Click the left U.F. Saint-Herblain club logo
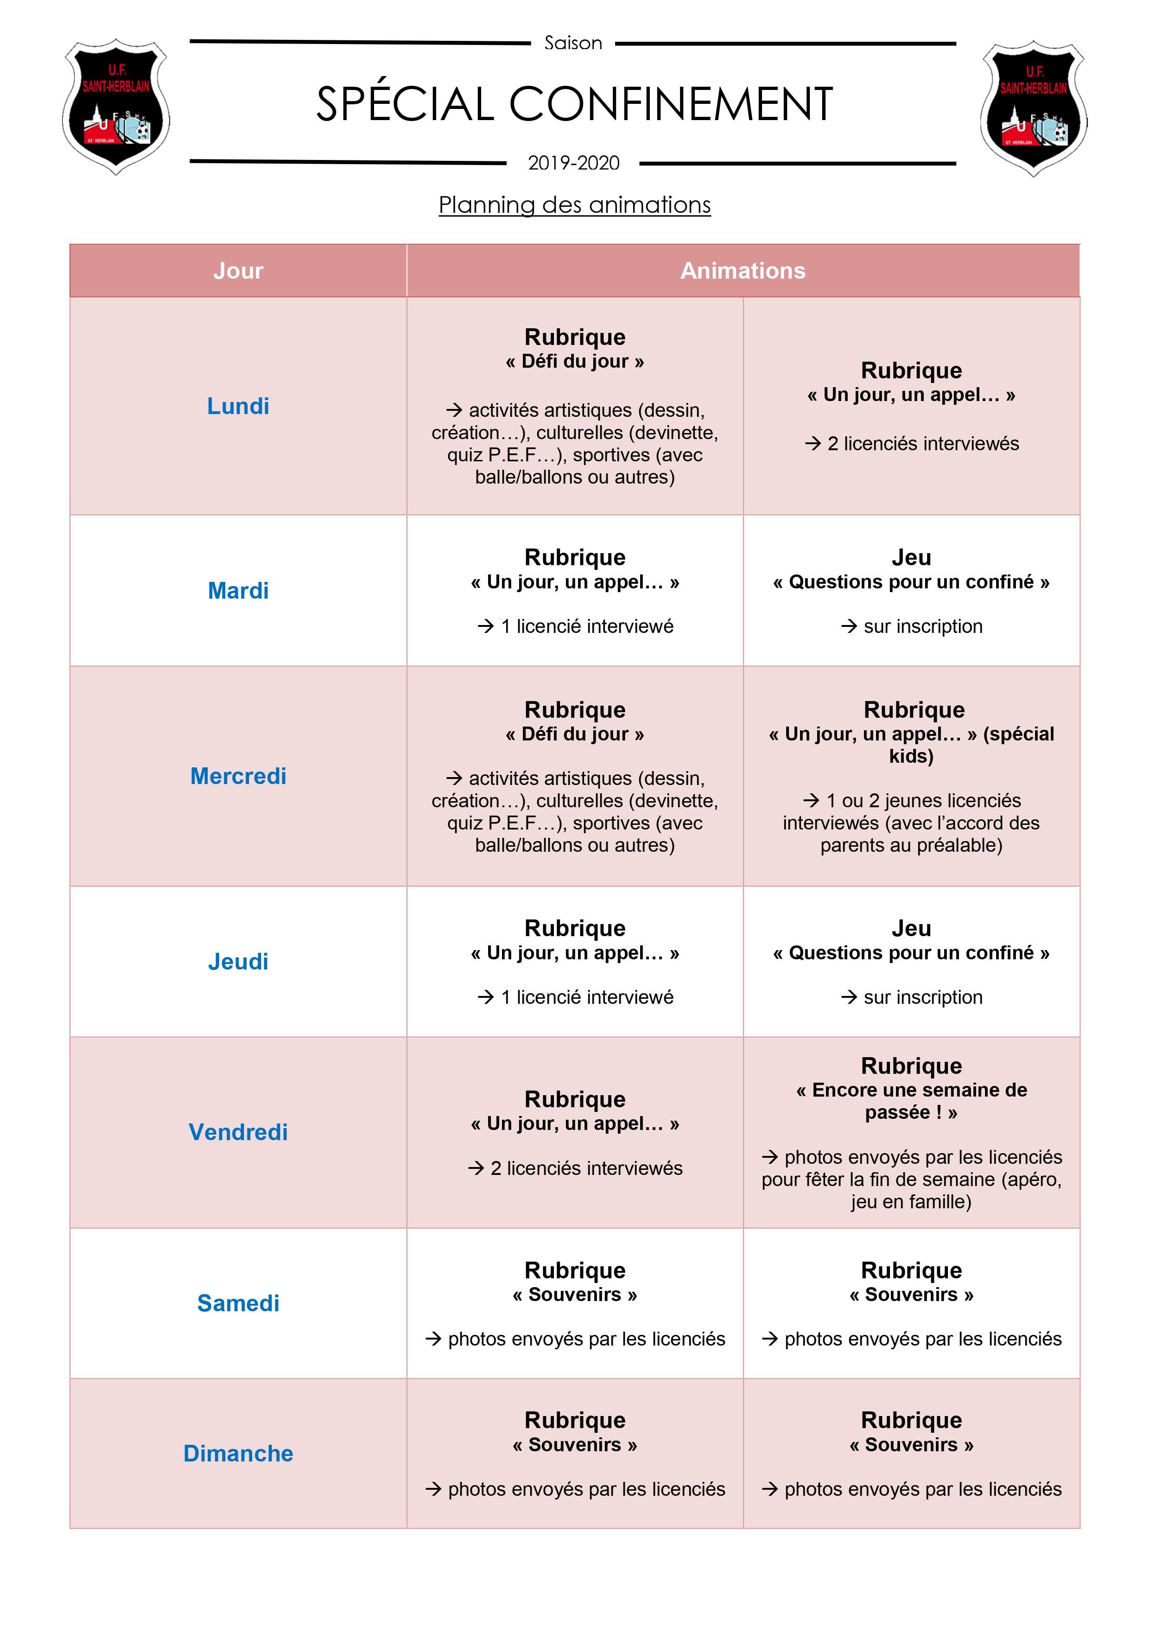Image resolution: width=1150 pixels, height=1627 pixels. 116,108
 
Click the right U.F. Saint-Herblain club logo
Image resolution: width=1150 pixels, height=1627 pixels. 1033,108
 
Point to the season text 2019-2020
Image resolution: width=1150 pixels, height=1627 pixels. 573,163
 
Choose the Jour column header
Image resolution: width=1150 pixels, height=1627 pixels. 238,271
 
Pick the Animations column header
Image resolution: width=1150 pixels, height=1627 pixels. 743,271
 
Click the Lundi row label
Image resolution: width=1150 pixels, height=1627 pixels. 238,406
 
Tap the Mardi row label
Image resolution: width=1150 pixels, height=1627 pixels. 238,590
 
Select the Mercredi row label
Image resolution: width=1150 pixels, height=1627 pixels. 238,776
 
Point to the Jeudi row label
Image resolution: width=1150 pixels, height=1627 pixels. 238,962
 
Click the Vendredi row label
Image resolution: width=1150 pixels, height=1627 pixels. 238,1132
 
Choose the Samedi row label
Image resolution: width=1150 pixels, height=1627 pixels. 238,1302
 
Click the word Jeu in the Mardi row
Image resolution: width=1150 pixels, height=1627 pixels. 911,558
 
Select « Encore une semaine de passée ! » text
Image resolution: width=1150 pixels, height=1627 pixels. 911,1100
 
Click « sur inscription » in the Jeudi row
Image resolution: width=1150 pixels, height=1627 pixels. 922,997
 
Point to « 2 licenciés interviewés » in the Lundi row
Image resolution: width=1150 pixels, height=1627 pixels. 922,444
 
